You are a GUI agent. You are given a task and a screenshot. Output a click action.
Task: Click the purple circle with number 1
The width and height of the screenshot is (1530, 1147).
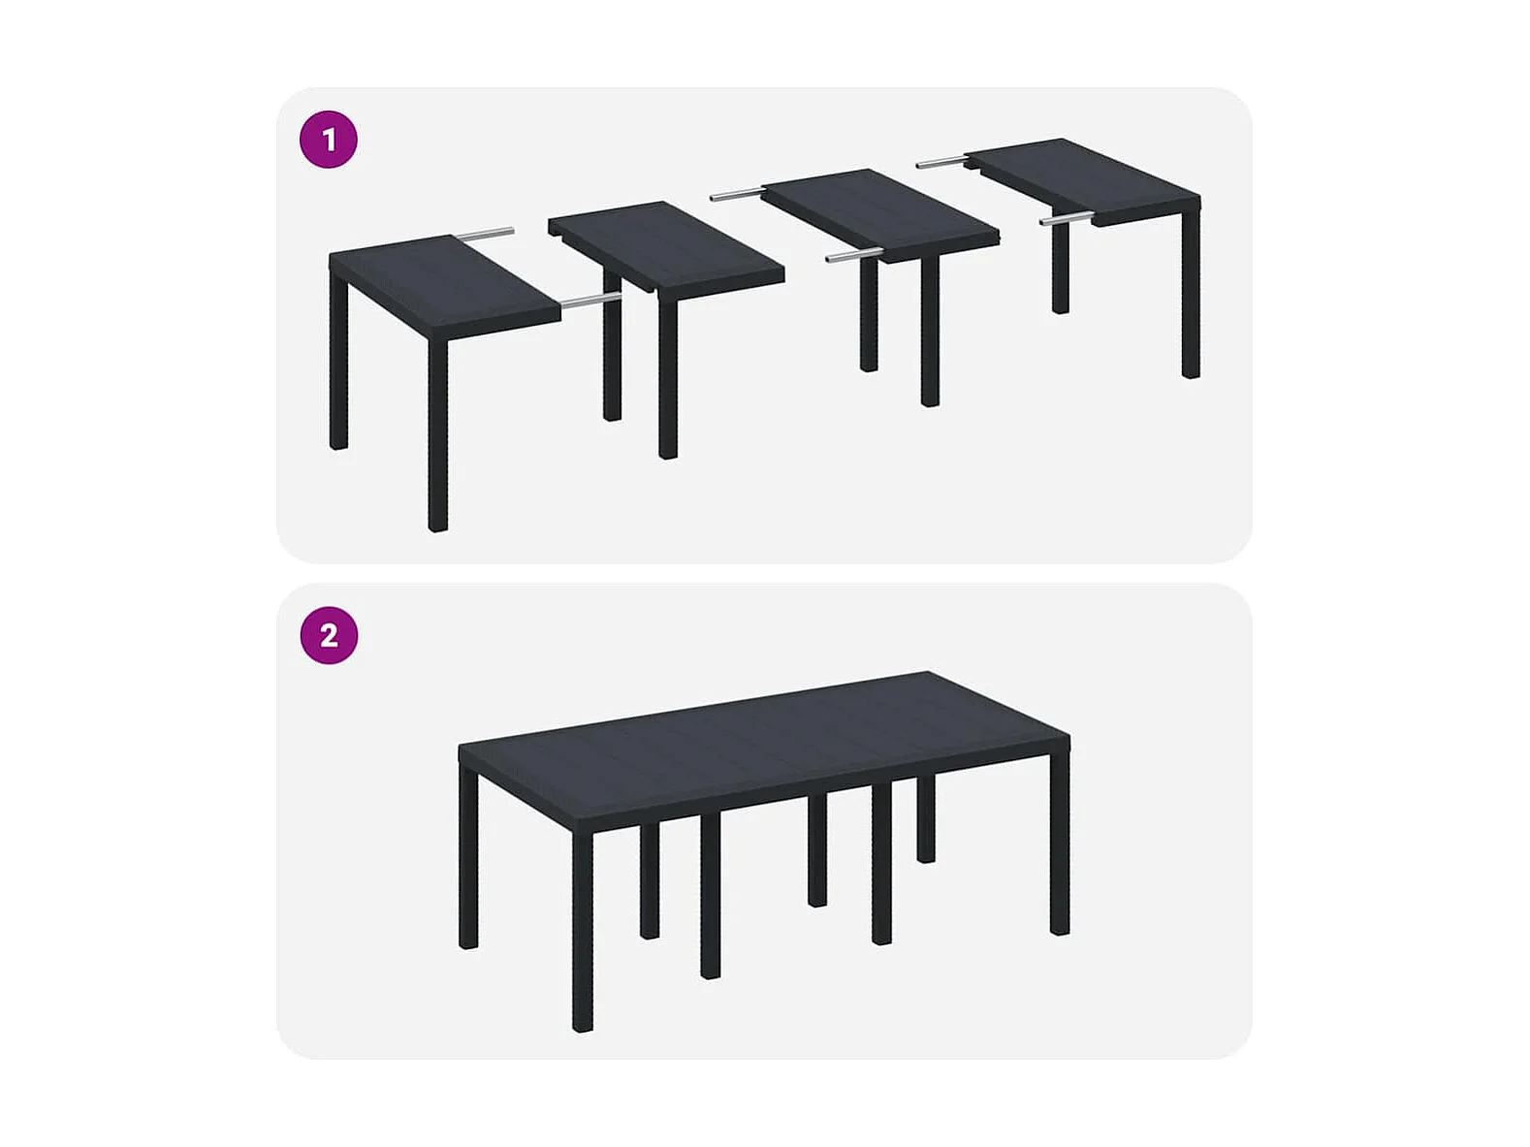pyautogui.click(x=329, y=140)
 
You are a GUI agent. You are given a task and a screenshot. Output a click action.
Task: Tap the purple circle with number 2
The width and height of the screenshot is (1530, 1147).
pyautogui.click(x=329, y=635)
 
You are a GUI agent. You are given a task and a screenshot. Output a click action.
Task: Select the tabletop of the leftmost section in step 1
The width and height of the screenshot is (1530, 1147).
pyautogui.click(x=445, y=287)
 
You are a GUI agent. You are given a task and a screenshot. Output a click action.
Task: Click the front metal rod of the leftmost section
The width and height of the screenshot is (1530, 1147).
pyautogui.click(x=590, y=301)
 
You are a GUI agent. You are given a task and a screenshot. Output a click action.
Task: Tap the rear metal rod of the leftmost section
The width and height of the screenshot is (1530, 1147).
pyautogui.click(x=485, y=234)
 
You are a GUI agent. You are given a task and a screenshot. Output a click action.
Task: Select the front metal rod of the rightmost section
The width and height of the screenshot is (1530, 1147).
pyautogui.click(x=1068, y=219)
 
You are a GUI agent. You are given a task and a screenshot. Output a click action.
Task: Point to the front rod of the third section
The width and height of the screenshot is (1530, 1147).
pyautogui.click(x=855, y=255)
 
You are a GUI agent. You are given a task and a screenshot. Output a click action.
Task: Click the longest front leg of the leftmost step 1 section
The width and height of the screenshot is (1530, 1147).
pyautogui.click(x=437, y=434)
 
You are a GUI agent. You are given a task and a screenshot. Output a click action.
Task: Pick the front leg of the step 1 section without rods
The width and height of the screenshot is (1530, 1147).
pyautogui.click(x=668, y=380)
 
